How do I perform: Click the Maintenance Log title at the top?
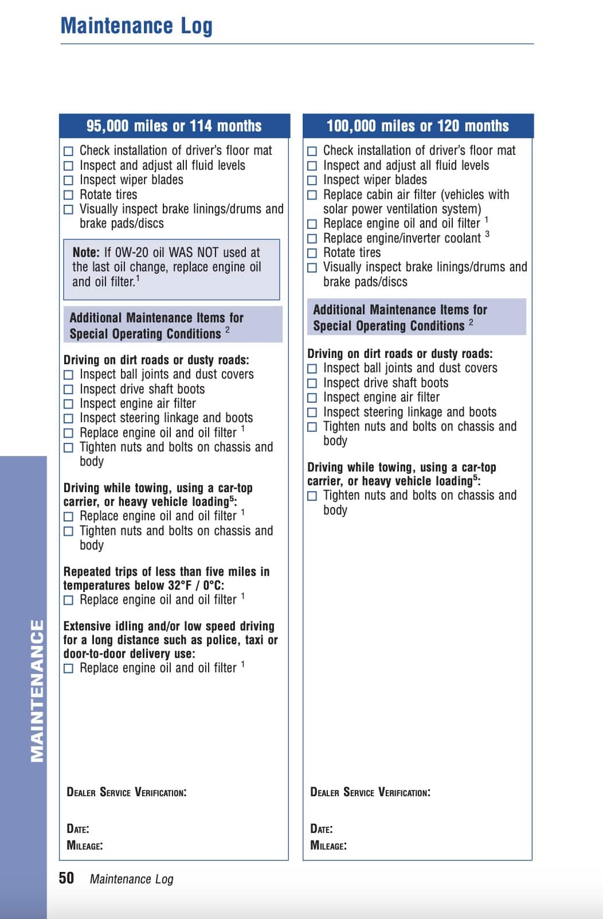coord(136,26)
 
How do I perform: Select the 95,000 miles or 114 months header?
coord(174,126)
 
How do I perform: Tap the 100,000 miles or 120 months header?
coord(417,126)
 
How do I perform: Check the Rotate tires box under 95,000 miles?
coord(69,195)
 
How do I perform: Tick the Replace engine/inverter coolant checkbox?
coord(312,239)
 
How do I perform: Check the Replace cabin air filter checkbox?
coord(312,195)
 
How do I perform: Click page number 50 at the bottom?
coord(66,878)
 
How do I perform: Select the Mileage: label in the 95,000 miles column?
coord(85,846)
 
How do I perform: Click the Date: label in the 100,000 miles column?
coord(322,829)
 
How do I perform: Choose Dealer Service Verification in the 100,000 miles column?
coord(370,793)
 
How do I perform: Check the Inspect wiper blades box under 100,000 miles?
coord(312,180)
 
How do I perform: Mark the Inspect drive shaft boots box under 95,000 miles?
coord(69,390)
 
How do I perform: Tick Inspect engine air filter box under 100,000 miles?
coord(312,398)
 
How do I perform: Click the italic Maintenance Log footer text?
coord(131,879)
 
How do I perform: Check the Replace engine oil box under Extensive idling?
coord(69,668)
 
